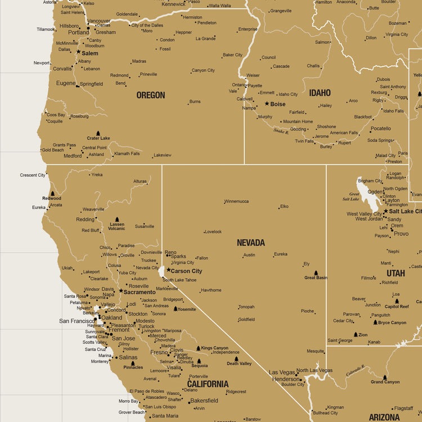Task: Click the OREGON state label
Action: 151,95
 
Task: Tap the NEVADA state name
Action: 250,243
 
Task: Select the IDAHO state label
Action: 320,93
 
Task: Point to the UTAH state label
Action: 396,273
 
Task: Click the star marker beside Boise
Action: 267,104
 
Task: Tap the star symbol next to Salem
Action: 78,52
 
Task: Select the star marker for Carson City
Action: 168,270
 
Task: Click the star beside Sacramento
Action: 120,291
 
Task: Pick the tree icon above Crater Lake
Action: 98,133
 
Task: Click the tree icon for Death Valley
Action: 236,358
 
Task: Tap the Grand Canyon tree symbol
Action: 385,378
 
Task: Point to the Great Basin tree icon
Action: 315,273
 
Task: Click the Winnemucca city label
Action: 236,201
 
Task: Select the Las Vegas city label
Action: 282,372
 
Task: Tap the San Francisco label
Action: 77,321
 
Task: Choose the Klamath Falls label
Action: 127,154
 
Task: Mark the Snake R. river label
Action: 281,131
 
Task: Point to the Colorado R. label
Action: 356,370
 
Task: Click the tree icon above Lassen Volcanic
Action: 117,219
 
